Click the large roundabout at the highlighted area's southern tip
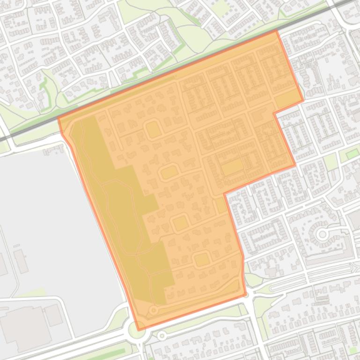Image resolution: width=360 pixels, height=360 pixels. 137,331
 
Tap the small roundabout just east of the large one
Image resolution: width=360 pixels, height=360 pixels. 162,336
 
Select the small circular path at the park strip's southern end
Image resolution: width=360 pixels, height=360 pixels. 153,310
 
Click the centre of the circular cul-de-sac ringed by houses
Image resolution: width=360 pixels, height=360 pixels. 322,234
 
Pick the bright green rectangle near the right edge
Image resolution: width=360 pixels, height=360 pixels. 353,154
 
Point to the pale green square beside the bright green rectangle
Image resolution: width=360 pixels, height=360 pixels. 331,162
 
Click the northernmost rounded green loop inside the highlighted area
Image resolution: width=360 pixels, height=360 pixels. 153,130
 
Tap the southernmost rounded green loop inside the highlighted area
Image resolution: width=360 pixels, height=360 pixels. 201,259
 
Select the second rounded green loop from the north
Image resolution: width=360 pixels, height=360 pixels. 169,173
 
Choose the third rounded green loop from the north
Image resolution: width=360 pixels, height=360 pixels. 180,223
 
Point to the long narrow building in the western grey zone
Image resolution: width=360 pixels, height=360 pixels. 21,261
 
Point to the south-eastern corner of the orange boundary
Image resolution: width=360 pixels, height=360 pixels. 245,295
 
